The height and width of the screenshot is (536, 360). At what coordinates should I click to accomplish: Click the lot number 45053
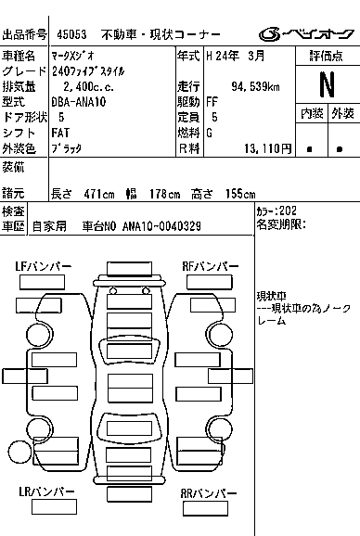(71, 34)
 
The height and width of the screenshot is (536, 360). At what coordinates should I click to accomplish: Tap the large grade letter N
(327, 84)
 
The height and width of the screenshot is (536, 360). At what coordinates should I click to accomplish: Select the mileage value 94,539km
(255, 87)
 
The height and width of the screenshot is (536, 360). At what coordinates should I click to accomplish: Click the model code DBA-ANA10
(79, 102)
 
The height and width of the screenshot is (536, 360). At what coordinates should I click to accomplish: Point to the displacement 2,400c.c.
(88, 87)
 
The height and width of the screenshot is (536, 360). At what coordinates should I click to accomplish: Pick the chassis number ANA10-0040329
(161, 226)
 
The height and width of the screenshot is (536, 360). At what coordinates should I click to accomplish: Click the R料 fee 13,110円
(268, 148)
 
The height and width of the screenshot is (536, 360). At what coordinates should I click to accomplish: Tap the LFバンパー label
(43, 266)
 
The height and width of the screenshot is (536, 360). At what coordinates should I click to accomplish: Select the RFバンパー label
(211, 266)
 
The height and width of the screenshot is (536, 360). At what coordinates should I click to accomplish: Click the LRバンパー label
(46, 491)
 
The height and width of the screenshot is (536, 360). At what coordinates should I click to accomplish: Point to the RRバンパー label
(209, 493)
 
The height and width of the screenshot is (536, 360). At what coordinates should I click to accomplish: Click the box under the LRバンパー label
(54, 507)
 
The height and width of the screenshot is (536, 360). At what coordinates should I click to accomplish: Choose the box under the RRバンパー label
(205, 509)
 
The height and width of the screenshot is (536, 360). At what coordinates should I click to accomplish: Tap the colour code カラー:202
(276, 211)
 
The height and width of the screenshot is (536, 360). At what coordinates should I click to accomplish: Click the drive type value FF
(212, 102)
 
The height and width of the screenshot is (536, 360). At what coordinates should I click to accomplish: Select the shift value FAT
(60, 133)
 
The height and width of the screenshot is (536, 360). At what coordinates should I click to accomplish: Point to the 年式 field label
(188, 56)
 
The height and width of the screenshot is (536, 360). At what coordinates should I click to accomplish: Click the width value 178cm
(164, 194)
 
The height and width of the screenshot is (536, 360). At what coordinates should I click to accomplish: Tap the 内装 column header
(312, 113)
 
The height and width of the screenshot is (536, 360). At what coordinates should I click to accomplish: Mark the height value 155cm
(240, 194)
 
